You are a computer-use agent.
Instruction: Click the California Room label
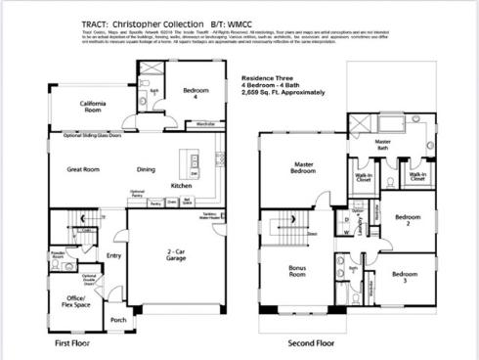point(94,107)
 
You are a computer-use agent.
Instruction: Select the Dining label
point(146,169)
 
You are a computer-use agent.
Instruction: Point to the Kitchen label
point(182,185)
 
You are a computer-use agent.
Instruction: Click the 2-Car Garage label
point(176,254)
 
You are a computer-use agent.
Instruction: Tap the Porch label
point(118,320)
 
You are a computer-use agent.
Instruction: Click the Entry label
point(114,256)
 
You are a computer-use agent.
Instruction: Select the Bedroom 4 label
point(196,93)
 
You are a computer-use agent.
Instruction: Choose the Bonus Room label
point(297,271)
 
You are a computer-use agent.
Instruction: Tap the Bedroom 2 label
point(408,220)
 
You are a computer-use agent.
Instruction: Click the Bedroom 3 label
point(406,277)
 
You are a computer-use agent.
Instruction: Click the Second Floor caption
point(311,343)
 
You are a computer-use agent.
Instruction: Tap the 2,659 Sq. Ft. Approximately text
point(283,90)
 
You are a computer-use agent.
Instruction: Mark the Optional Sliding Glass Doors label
point(93,135)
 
